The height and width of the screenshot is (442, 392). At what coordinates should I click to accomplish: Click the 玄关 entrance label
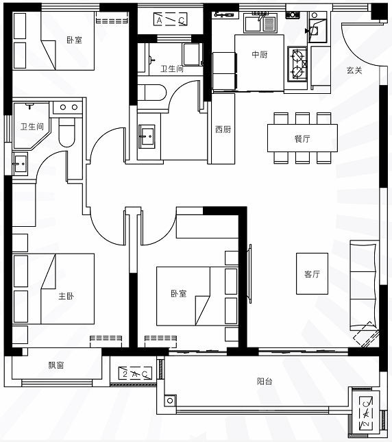click(354, 70)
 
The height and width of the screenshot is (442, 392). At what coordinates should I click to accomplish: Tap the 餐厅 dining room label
click(302, 138)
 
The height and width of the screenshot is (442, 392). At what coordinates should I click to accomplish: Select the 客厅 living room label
click(312, 273)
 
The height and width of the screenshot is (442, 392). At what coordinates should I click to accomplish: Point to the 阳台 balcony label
click(265, 381)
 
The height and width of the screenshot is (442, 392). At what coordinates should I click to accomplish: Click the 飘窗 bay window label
click(56, 365)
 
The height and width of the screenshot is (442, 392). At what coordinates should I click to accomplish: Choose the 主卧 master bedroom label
click(66, 296)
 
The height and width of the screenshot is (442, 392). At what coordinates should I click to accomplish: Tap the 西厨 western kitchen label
click(223, 130)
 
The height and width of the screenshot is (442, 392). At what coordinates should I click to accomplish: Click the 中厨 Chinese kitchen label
click(260, 54)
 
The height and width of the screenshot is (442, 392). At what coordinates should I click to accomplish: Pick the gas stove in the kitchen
click(297, 64)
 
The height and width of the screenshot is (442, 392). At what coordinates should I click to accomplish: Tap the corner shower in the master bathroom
click(32, 126)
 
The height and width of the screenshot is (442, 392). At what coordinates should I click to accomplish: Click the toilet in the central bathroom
click(152, 93)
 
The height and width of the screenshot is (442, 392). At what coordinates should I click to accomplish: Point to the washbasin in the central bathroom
click(147, 137)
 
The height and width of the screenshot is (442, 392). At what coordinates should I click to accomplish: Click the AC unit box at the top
click(170, 20)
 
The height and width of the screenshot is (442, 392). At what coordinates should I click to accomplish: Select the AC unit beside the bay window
click(135, 373)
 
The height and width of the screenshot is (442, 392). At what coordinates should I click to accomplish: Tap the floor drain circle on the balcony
click(170, 401)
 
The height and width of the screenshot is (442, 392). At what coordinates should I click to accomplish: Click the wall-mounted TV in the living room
click(249, 274)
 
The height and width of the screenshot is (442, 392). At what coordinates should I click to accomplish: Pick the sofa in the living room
click(363, 285)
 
